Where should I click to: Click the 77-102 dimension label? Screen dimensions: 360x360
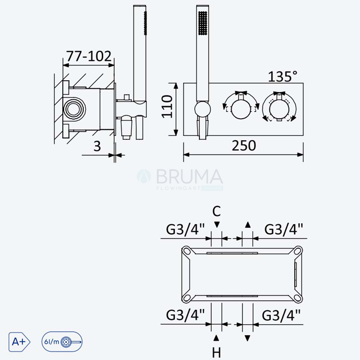(89, 56)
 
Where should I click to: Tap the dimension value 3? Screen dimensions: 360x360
(97, 146)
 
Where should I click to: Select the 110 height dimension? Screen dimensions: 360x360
(167, 107)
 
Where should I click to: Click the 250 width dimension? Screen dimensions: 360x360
(244, 145)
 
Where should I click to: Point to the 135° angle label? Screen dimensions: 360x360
(283, 76)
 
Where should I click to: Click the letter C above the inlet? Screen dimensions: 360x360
(216, 211)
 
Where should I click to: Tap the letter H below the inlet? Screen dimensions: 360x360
(216, 352)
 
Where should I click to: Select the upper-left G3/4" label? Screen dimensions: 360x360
(185, 229)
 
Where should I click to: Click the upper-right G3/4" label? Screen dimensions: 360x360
(284, 229)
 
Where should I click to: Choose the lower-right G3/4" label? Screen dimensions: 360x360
(281, 315)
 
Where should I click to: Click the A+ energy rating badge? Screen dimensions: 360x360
(19, 342)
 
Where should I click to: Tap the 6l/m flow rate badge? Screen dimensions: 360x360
(62, 342)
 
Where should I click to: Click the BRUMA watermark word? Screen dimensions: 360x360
(189, 176)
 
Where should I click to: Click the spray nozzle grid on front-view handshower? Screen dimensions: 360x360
(203, 23)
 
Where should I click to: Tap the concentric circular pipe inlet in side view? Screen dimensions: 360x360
(74, 109)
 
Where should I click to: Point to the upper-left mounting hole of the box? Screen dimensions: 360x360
(186, 251)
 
